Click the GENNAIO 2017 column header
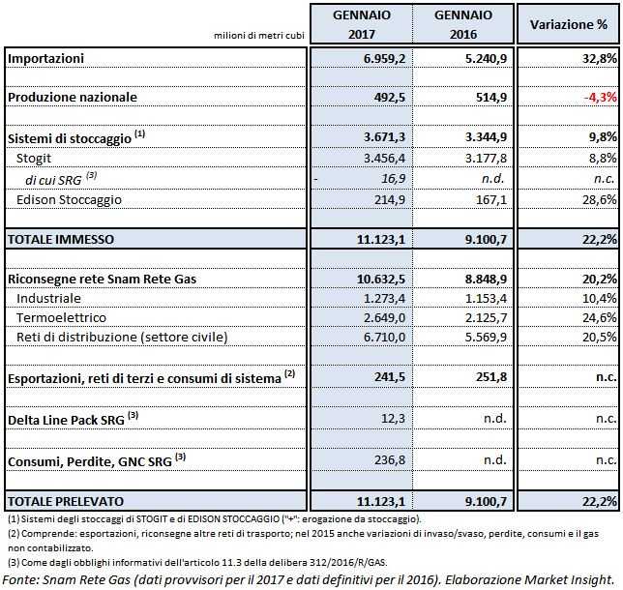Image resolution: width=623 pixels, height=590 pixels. coord(360,24)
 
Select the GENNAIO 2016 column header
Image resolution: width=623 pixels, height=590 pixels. coord(462,24)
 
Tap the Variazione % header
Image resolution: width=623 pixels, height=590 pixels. coord(569,24)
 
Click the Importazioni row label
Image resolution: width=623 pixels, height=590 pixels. coord(46,58)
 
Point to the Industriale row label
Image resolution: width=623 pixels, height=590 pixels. coord(49,298)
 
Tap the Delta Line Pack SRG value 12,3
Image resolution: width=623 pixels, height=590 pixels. coord(391,418)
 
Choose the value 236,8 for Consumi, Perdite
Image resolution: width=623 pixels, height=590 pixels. coord(388,460)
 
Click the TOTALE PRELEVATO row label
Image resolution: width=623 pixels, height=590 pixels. coord(67,501)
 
